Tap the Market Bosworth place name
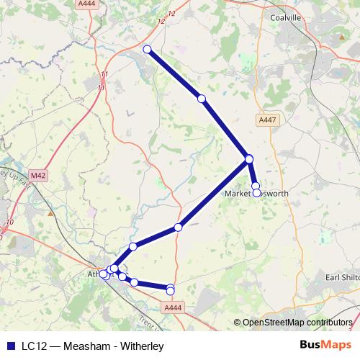point(256,194)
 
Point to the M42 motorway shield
point(38,174)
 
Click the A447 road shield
point(265,120)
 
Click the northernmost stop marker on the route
point(148,49)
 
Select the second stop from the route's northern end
point(202,98)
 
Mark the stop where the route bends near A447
point(249,158)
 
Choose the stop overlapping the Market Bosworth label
point(257,193)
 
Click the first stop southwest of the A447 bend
point(178,228)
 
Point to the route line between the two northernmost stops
point(174,73)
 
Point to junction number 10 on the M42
point(9,222)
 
